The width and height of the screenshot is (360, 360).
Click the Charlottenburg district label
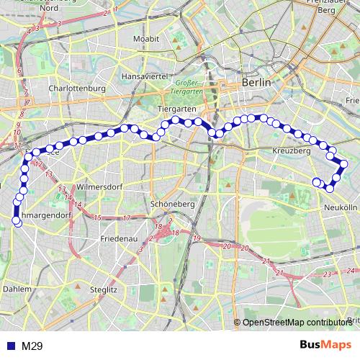point(77,89)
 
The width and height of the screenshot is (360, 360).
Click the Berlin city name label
point(257,83)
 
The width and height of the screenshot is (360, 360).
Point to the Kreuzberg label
point(292,151)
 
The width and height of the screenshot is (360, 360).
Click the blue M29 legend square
point(7,346)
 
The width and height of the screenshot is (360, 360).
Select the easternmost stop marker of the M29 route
point(344,164)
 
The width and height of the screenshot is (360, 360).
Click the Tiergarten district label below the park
point(176,108)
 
